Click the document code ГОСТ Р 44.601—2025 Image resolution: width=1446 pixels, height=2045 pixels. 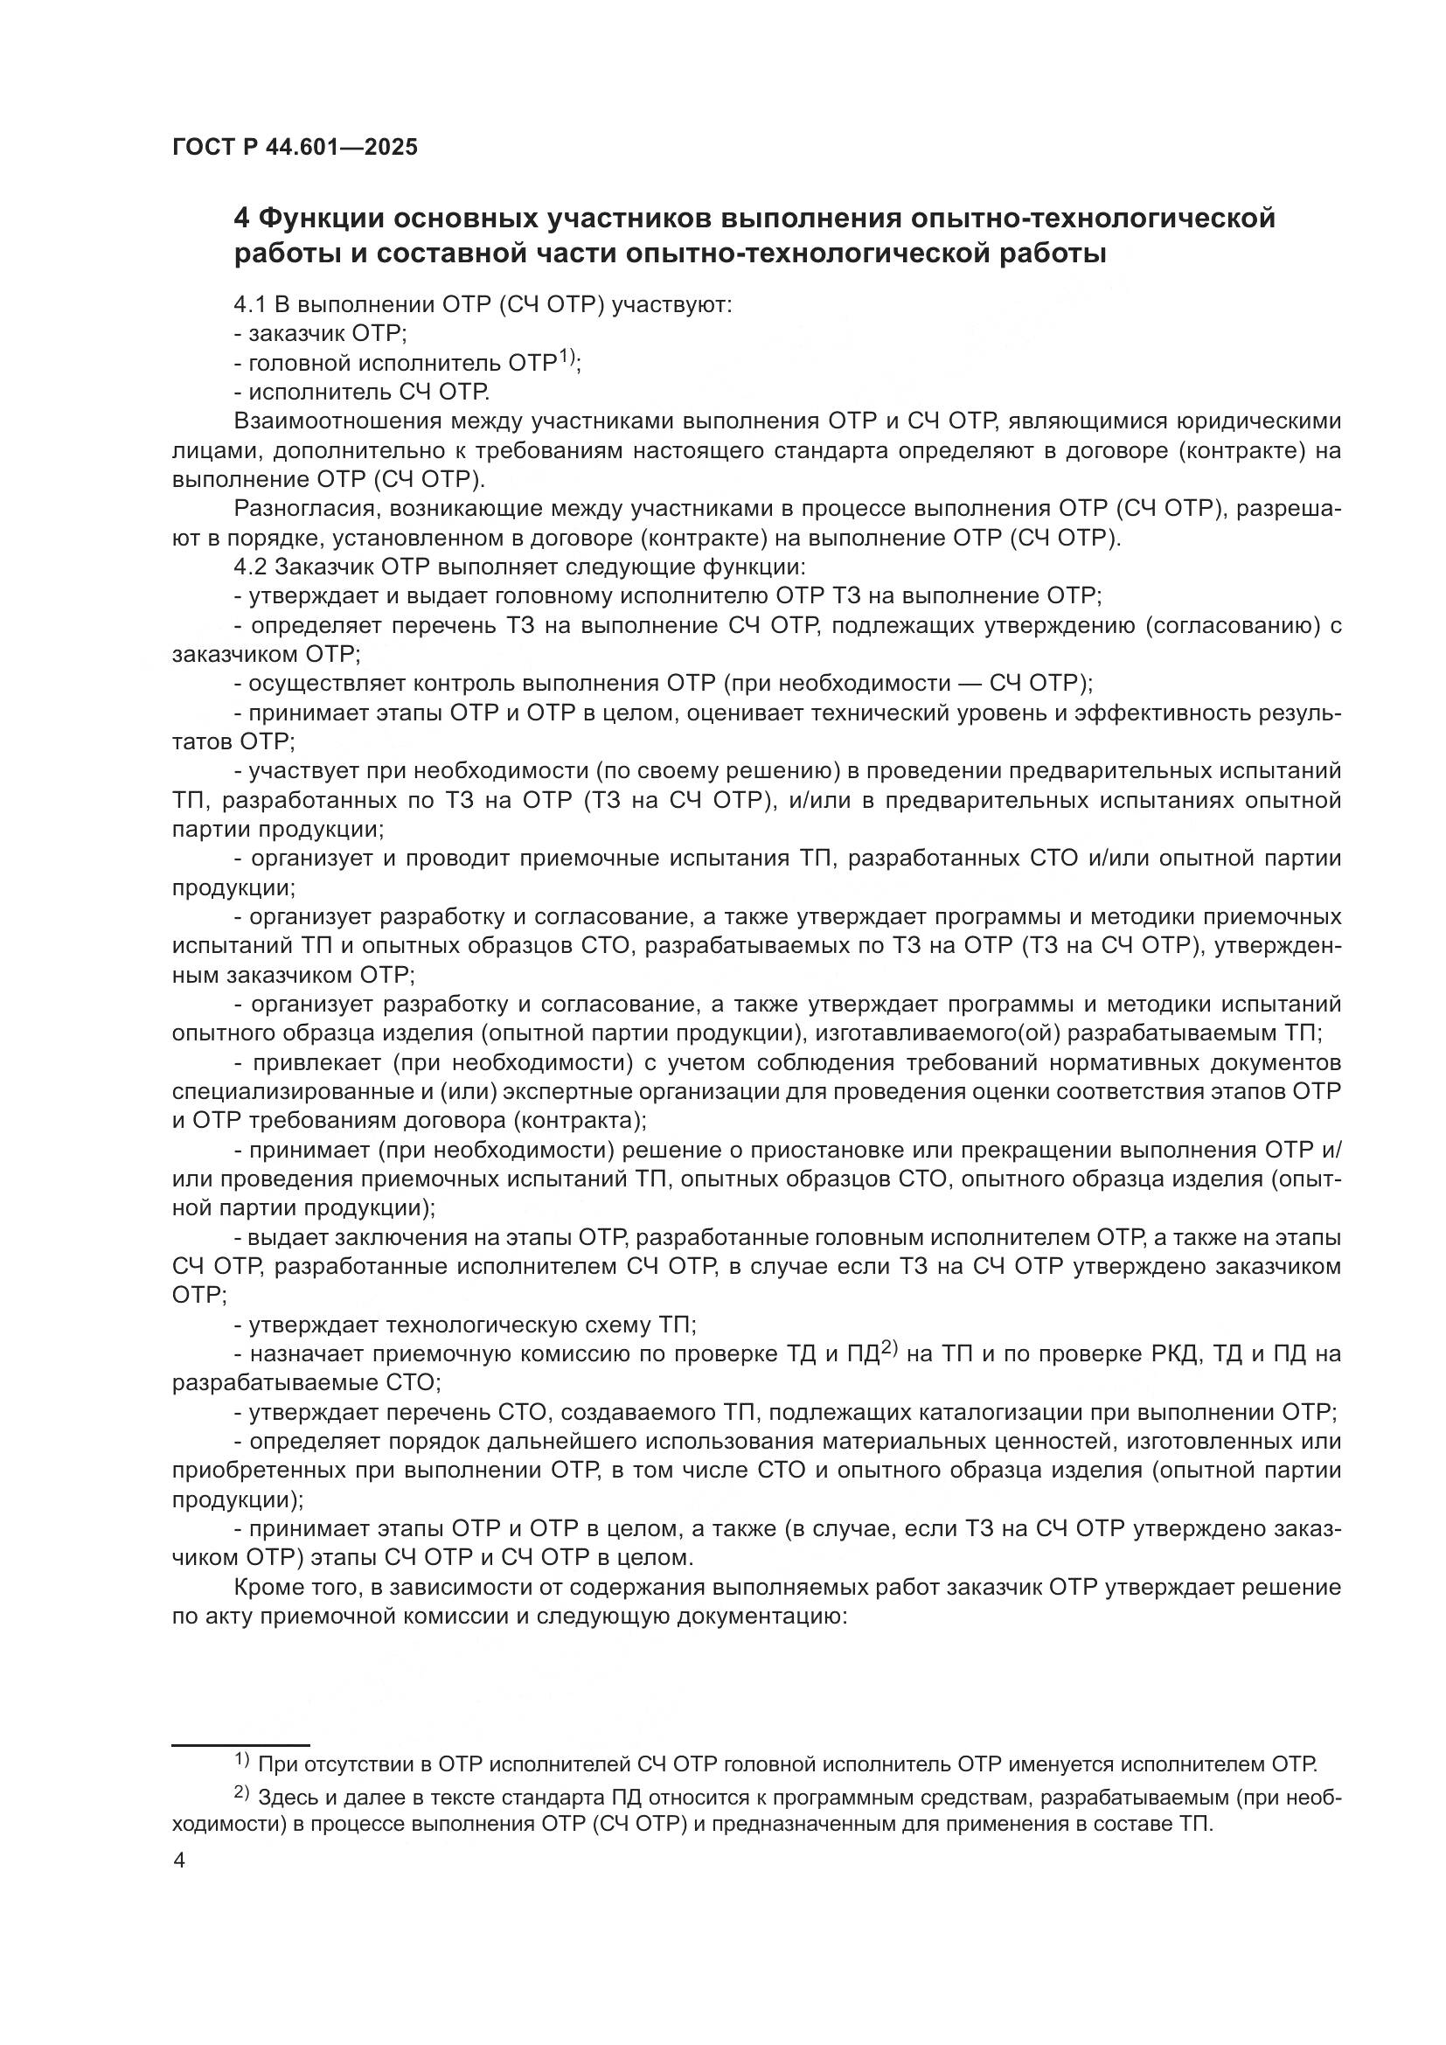tap(295, 148)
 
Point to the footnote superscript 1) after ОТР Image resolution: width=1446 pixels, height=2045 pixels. tap(566, 358)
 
